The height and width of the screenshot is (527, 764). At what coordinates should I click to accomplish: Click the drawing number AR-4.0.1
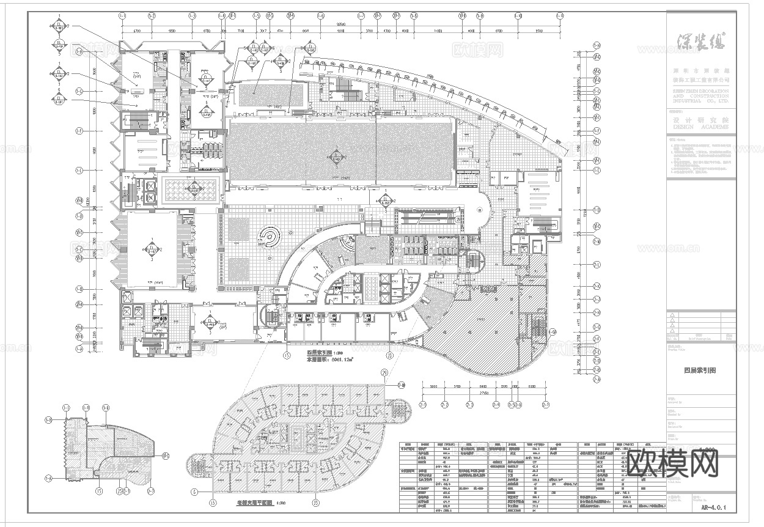[714, 506]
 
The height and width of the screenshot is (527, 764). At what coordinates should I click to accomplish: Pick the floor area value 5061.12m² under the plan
[328, 360]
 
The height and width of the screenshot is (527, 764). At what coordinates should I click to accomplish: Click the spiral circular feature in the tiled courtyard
[267, 237]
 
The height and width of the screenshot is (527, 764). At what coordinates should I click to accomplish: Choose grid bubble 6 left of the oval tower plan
[195, 491]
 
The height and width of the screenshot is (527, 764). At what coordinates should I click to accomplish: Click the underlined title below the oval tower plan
[254, 503]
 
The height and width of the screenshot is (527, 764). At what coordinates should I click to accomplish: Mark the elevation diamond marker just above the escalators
[386, 201]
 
